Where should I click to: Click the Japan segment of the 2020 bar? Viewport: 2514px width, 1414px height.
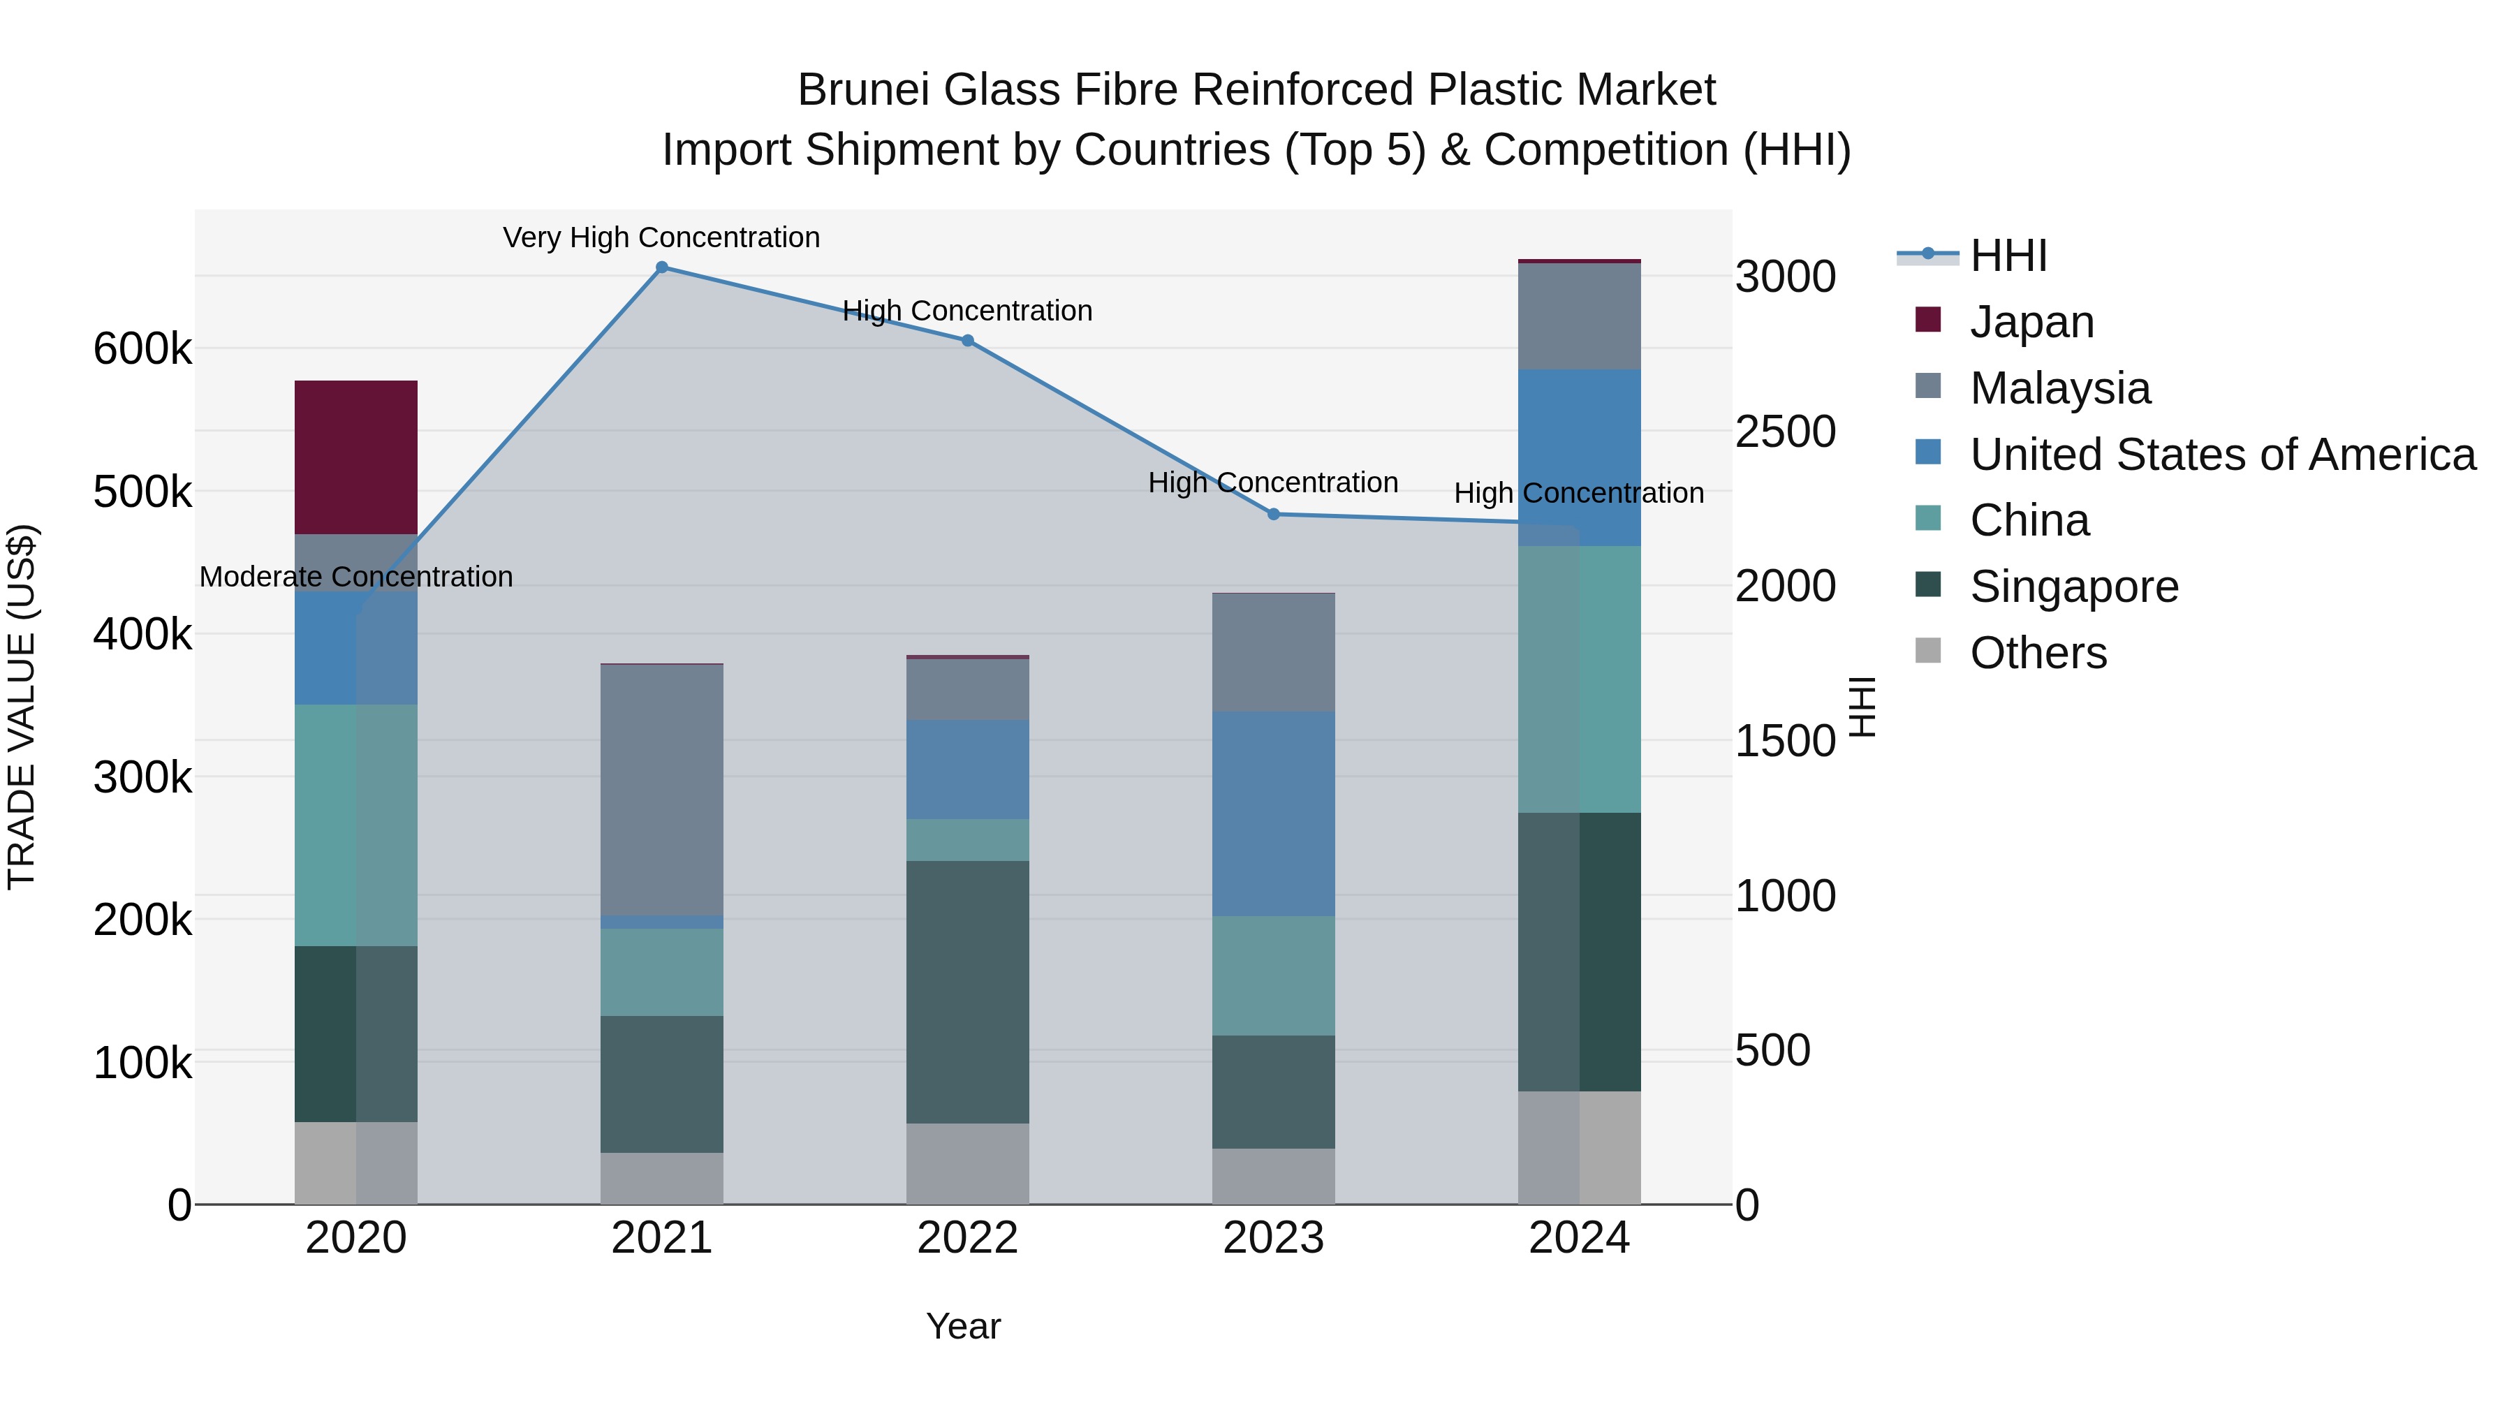pyautogui.click(x=355, y=457)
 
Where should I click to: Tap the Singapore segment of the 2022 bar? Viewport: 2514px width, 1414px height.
pyautogui.click(x=966, y=992)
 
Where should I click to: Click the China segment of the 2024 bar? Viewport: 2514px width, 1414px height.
pyautogui.click(x=1578, y=679)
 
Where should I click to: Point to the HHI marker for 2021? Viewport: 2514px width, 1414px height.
pyautogui.click(x=662, y=267)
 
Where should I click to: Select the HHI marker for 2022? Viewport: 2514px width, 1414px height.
pyautogui.click(x=967, y=341)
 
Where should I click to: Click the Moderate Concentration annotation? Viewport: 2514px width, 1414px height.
pyautogui.click(x=355, y=577)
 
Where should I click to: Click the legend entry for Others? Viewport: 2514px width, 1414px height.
pyautogui.click(x=2038, y=653)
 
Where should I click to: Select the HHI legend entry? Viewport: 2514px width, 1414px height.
pyautogui.click(x=2008, y=256)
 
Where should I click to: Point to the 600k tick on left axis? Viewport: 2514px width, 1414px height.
pyautogui.click(x=142, y=348)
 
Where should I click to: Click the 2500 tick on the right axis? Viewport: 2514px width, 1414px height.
pyautogui.click(x=1785, y=432)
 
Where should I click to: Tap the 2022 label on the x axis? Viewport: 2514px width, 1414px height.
pyautogui.click(x=966, y=1237)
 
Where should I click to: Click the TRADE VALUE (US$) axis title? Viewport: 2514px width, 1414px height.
pyautogui.click(x=22, y=707)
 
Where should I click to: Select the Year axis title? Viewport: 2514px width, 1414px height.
pyautogui.click(x=962, y=1326)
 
